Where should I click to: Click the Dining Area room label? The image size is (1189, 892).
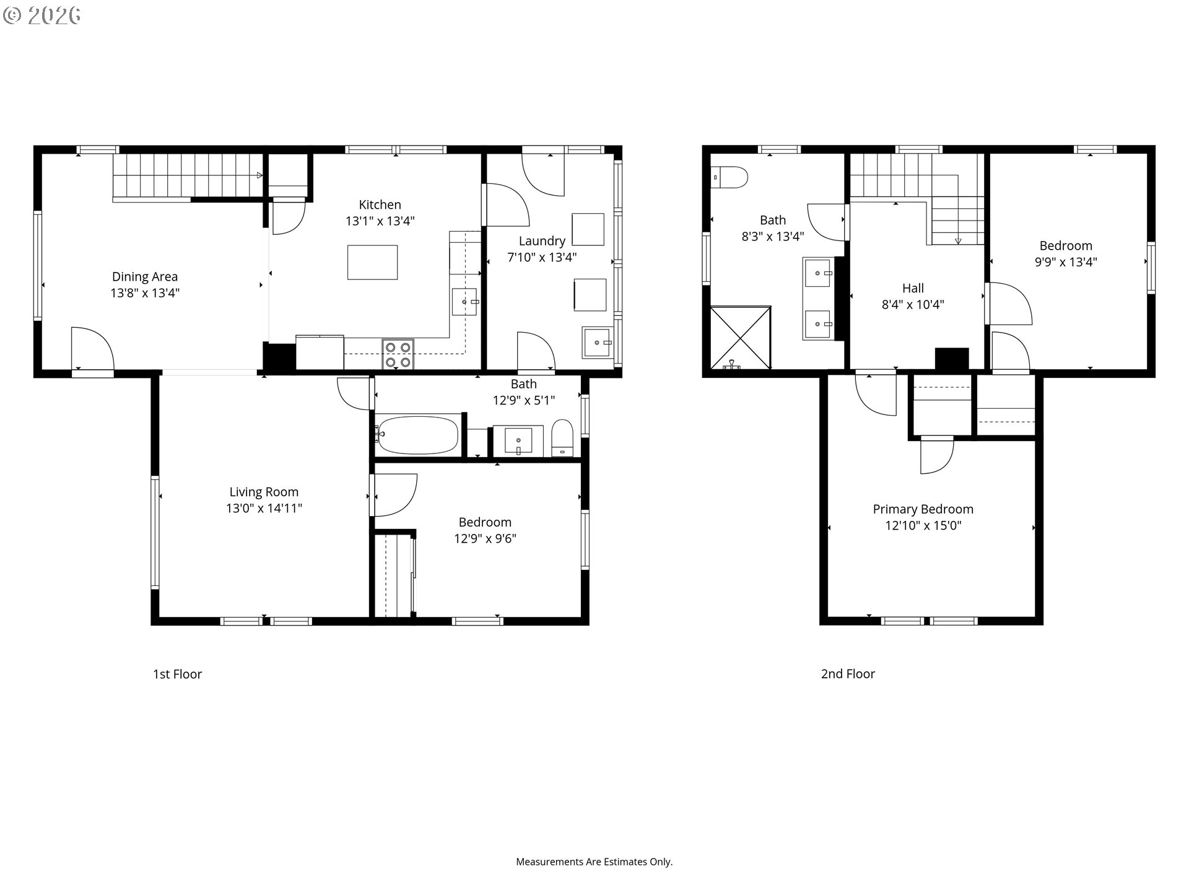[x=145, y=277]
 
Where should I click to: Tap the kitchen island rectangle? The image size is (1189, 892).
[x=372, y=262]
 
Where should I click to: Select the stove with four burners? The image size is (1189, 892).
[x=398, y=355]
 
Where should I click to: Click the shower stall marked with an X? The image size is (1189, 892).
[x=741, y=338]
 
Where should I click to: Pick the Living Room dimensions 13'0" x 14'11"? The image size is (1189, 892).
[x=264, y=509]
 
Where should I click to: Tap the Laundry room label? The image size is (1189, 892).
[x=542, y=241]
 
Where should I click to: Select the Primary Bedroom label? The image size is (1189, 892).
[x=923, y=509]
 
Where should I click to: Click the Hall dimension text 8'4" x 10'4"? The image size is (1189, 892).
[x=913, y=304]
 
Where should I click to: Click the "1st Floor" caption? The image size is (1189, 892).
[x=178, y=674]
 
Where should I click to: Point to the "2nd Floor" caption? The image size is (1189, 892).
[x=848, y=674]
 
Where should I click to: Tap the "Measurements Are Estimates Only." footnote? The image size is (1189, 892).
[x=594, y=862]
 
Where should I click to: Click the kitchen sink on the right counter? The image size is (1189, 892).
[x=464, y=302]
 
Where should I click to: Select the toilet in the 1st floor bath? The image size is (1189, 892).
[x=562, y=438]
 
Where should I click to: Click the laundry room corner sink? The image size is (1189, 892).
[x=596, y=343]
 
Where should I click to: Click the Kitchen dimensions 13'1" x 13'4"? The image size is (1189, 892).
[x=380, y=221]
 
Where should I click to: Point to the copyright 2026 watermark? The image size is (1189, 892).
[x=42, y=15]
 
